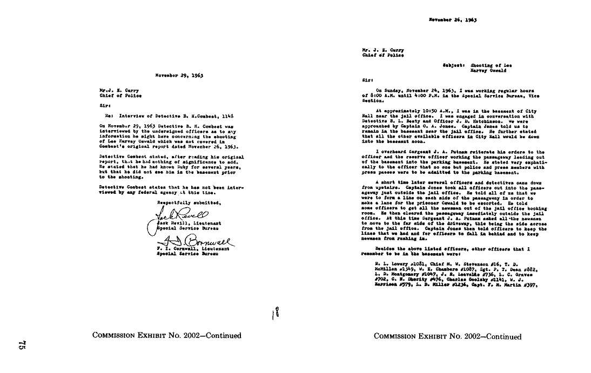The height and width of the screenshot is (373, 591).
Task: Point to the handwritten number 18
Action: pos(276,313)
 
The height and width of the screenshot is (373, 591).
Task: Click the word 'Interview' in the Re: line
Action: pos(131,115)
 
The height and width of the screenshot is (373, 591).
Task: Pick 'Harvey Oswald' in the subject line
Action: pos(489,70)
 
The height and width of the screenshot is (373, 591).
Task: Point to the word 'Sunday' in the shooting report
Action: pos(394,90)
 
